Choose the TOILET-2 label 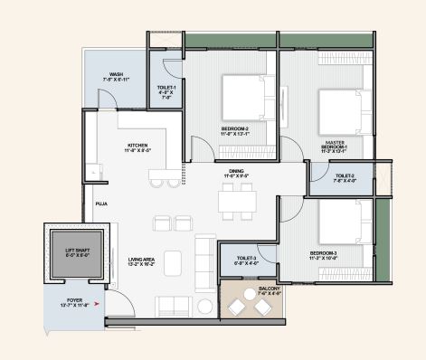coord(345,178)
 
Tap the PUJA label coord(101,204)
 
